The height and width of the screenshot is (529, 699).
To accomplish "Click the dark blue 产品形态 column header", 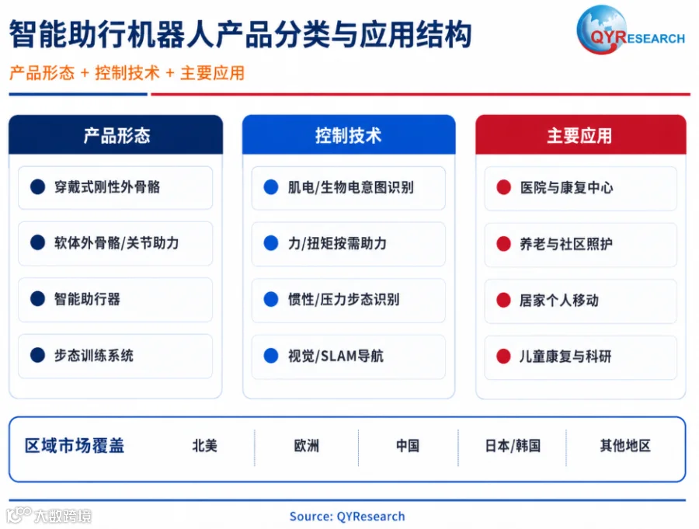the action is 116,134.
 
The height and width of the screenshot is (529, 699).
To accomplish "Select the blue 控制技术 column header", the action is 349,134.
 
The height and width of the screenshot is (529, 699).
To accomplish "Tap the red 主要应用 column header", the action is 580,134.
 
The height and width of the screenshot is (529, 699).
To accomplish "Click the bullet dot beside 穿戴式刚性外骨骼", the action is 38,187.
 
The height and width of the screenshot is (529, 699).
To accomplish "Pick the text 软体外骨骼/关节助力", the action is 116,243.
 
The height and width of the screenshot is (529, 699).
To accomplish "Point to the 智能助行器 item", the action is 87,299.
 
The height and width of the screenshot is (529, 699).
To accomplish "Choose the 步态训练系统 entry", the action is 94,356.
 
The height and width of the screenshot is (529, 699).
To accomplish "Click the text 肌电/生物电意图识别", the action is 351,187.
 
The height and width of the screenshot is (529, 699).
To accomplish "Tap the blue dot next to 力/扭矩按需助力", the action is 271,243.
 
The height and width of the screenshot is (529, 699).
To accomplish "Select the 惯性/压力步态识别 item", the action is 344,299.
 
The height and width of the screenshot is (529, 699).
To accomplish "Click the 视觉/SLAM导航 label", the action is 336,356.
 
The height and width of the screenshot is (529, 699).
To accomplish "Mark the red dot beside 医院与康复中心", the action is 504,187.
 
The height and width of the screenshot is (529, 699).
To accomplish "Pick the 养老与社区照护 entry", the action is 566,244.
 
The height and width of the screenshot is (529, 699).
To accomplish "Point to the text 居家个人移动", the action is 559,300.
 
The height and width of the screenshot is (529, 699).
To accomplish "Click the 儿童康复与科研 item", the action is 565,357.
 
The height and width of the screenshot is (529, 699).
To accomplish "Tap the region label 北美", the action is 204,446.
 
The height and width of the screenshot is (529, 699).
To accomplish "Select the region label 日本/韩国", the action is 513,446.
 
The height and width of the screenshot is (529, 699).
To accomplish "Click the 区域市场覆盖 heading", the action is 75,446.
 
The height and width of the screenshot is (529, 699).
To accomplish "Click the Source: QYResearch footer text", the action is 347,516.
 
